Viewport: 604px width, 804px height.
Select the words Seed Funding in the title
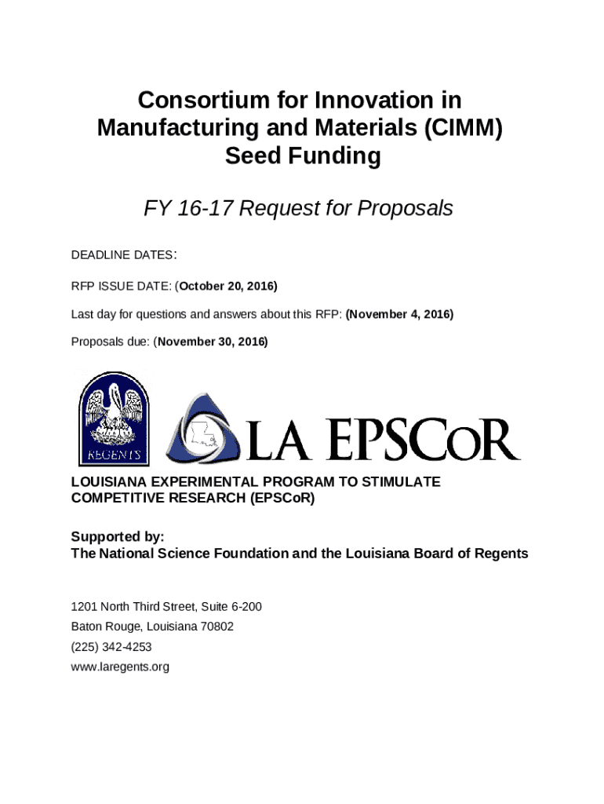coord(302,156)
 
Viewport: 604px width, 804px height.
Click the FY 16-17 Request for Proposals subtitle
coord(298,209)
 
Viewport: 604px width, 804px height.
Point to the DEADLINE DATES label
coord(122,256)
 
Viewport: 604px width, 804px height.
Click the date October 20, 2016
coord(228,285)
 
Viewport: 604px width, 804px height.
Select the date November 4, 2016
coord(400,314)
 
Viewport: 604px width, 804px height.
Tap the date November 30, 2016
coord(213,342)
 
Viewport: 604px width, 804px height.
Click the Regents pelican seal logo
coord(113,418)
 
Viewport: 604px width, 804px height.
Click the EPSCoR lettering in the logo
coord(424,440)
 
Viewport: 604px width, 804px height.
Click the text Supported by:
coord(118,537)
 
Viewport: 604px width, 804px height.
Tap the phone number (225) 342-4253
coord(111,648)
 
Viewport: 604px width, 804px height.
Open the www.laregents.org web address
coord(120,668)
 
